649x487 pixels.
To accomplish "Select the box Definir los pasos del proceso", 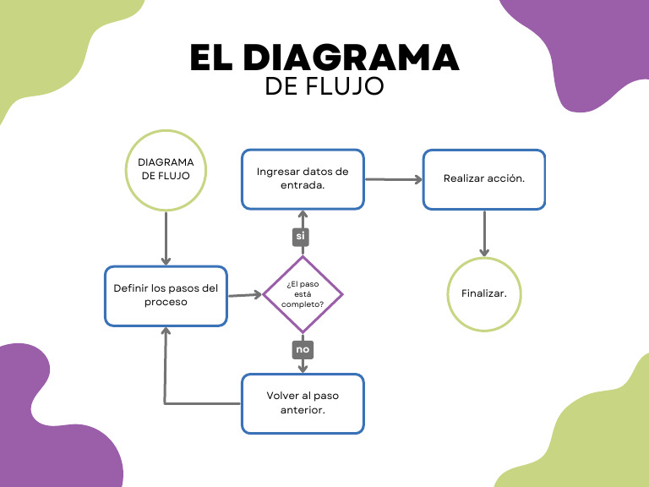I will (166, 295).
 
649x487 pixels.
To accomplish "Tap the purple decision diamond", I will (303, 295).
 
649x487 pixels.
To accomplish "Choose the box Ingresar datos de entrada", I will (303, 178).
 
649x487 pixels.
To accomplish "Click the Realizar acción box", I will (484, 179).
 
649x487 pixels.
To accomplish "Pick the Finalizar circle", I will (484, 293).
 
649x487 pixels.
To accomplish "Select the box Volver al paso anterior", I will (303, 403).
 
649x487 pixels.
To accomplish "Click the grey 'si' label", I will (300, 236).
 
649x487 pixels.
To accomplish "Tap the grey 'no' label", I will (302, 348).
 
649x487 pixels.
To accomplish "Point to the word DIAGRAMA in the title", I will (351, 57).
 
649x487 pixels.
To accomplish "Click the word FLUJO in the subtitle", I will (348, 86).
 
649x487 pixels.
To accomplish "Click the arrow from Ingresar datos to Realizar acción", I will (393, 179).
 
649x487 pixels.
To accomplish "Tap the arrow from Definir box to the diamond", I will (245, 295).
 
